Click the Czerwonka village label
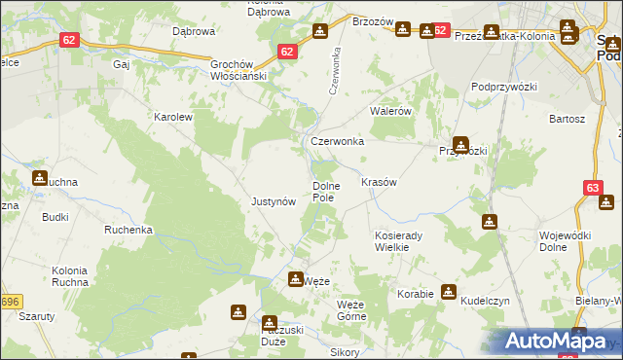(337, 141)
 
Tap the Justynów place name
(274, 202)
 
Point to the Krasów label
(379, 183)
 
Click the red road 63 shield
(593, 188)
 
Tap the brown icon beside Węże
(295, 279)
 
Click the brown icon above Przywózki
(460, 144)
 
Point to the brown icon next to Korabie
(448, 291)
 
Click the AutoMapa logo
(556, 342)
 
